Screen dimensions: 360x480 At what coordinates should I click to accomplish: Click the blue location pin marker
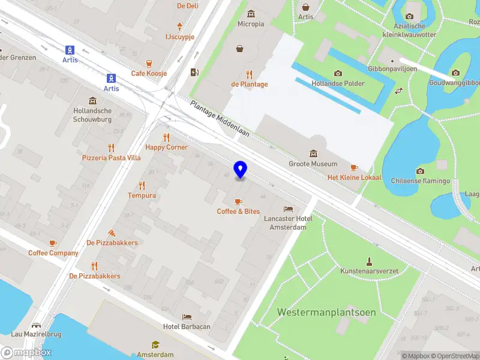(240, 169)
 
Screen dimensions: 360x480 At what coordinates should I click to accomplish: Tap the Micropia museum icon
(250, 14)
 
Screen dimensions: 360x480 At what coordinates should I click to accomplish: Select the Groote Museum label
(313, 164)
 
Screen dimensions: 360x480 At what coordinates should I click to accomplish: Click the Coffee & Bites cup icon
(239, 201)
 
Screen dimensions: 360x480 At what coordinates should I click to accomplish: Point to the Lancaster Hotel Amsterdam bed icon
(289, 209)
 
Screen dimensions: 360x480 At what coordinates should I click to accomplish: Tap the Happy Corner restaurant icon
(166, 137)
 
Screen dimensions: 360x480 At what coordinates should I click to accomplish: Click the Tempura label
(142, 196)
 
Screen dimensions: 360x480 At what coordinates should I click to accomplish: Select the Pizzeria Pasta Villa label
(111, 158)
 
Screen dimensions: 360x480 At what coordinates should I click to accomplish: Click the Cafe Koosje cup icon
(149, 63)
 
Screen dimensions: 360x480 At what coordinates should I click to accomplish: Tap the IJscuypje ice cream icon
(179, 26)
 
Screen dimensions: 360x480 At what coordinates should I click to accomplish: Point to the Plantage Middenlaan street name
(220, 119)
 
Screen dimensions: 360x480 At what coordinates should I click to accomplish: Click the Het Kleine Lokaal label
(354, 178)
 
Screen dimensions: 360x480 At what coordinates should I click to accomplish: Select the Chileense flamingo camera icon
(420, 171)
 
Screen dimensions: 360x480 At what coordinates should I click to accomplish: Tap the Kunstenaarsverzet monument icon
(370, 261)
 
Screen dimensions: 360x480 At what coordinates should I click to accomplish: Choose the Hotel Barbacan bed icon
(187, 316)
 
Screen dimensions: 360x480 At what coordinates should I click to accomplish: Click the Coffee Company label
(53, 253)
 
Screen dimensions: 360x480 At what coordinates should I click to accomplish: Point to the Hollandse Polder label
(338, 83)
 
